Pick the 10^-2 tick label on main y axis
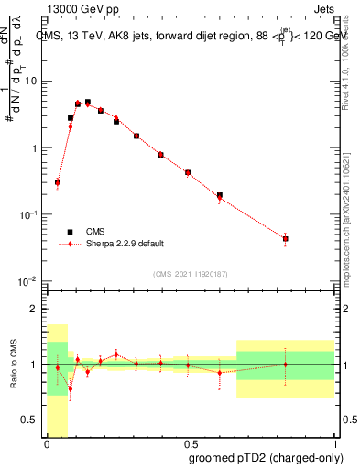26,280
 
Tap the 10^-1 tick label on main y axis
26,214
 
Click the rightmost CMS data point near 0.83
286,239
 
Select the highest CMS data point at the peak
88,103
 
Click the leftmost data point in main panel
58,182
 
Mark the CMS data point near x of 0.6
220,195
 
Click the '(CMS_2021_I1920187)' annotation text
190,273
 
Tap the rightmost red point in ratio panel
286,365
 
